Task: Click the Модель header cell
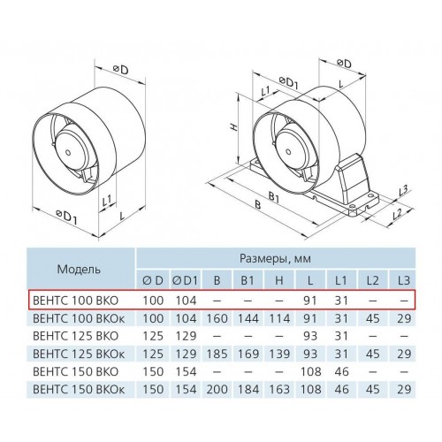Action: (79, 269)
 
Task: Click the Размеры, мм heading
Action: (275, 258)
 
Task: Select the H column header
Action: (278, 280)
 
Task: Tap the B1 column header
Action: (247, 280)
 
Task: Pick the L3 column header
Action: (403, 280)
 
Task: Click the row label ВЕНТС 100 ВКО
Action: (76, 301)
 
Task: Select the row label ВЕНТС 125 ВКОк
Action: (79, 354)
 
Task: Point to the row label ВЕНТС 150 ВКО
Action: (76, 371)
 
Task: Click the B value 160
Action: (217, 318)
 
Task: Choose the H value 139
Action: (279, 354)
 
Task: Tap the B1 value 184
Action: (248, 389)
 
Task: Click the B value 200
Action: (217, 389)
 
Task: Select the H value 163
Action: (279, 389)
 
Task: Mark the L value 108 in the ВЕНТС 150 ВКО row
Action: (310, 371)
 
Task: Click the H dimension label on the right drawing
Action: (233, 127)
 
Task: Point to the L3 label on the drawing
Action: (403, 191)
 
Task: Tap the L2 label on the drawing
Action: (397, 214)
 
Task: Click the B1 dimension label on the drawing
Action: (274, 197)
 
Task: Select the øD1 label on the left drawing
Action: (67, 216)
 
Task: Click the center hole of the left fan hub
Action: (68, 153)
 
